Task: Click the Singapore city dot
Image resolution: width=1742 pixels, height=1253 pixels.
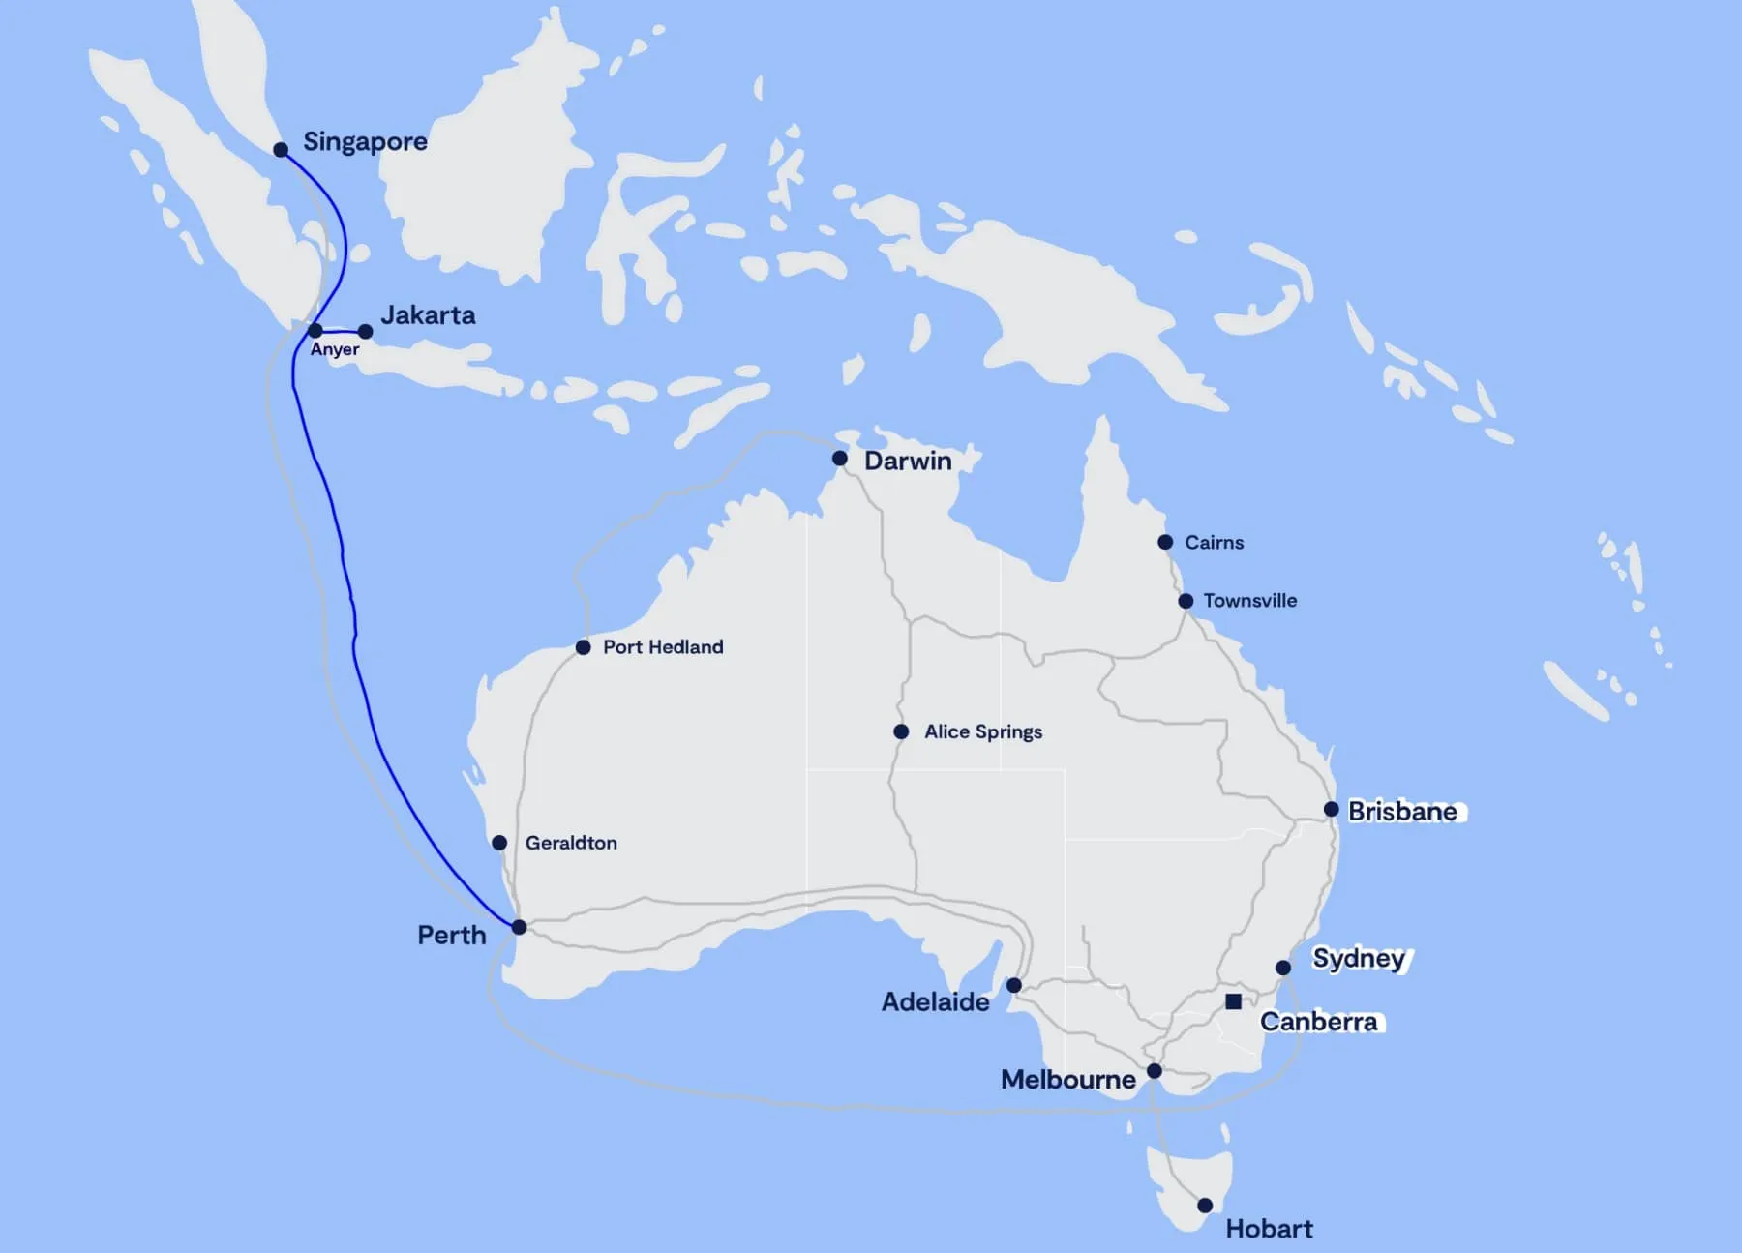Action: [281, 150]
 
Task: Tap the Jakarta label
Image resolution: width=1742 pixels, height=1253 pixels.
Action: [428, 315]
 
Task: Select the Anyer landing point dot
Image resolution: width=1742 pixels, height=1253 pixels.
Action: [315, 331]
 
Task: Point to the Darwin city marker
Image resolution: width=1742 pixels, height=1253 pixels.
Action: [840, 459]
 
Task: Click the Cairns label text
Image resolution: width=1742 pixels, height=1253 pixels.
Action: [1214, 543]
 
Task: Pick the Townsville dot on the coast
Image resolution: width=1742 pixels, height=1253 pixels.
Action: [1186, 601]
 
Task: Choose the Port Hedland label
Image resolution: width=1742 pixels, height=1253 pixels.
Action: [663, 647]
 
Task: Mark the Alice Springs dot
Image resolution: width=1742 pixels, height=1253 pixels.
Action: [901, 731]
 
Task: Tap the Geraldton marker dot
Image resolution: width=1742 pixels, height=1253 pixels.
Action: [499, 843]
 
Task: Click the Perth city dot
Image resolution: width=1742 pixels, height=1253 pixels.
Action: [519, 927]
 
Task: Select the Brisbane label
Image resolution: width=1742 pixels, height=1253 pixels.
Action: [1402, 811]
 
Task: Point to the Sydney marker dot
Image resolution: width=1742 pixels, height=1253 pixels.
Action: [1283, 968]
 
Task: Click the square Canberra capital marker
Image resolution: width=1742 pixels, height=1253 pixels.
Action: [1233, 1001]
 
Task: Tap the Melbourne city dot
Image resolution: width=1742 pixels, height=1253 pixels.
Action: [1155, 1071]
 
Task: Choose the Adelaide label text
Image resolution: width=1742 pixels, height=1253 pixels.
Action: [935, 1002]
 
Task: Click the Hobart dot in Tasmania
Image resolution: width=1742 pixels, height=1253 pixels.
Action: [1205, 1206]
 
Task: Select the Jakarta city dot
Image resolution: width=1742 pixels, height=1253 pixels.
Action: [365, 332]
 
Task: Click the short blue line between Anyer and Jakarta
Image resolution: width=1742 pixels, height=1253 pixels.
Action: [341, 332]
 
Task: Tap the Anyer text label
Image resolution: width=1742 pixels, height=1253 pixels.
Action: [334, 350]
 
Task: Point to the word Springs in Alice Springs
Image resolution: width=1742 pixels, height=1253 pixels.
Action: [1009, 732]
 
